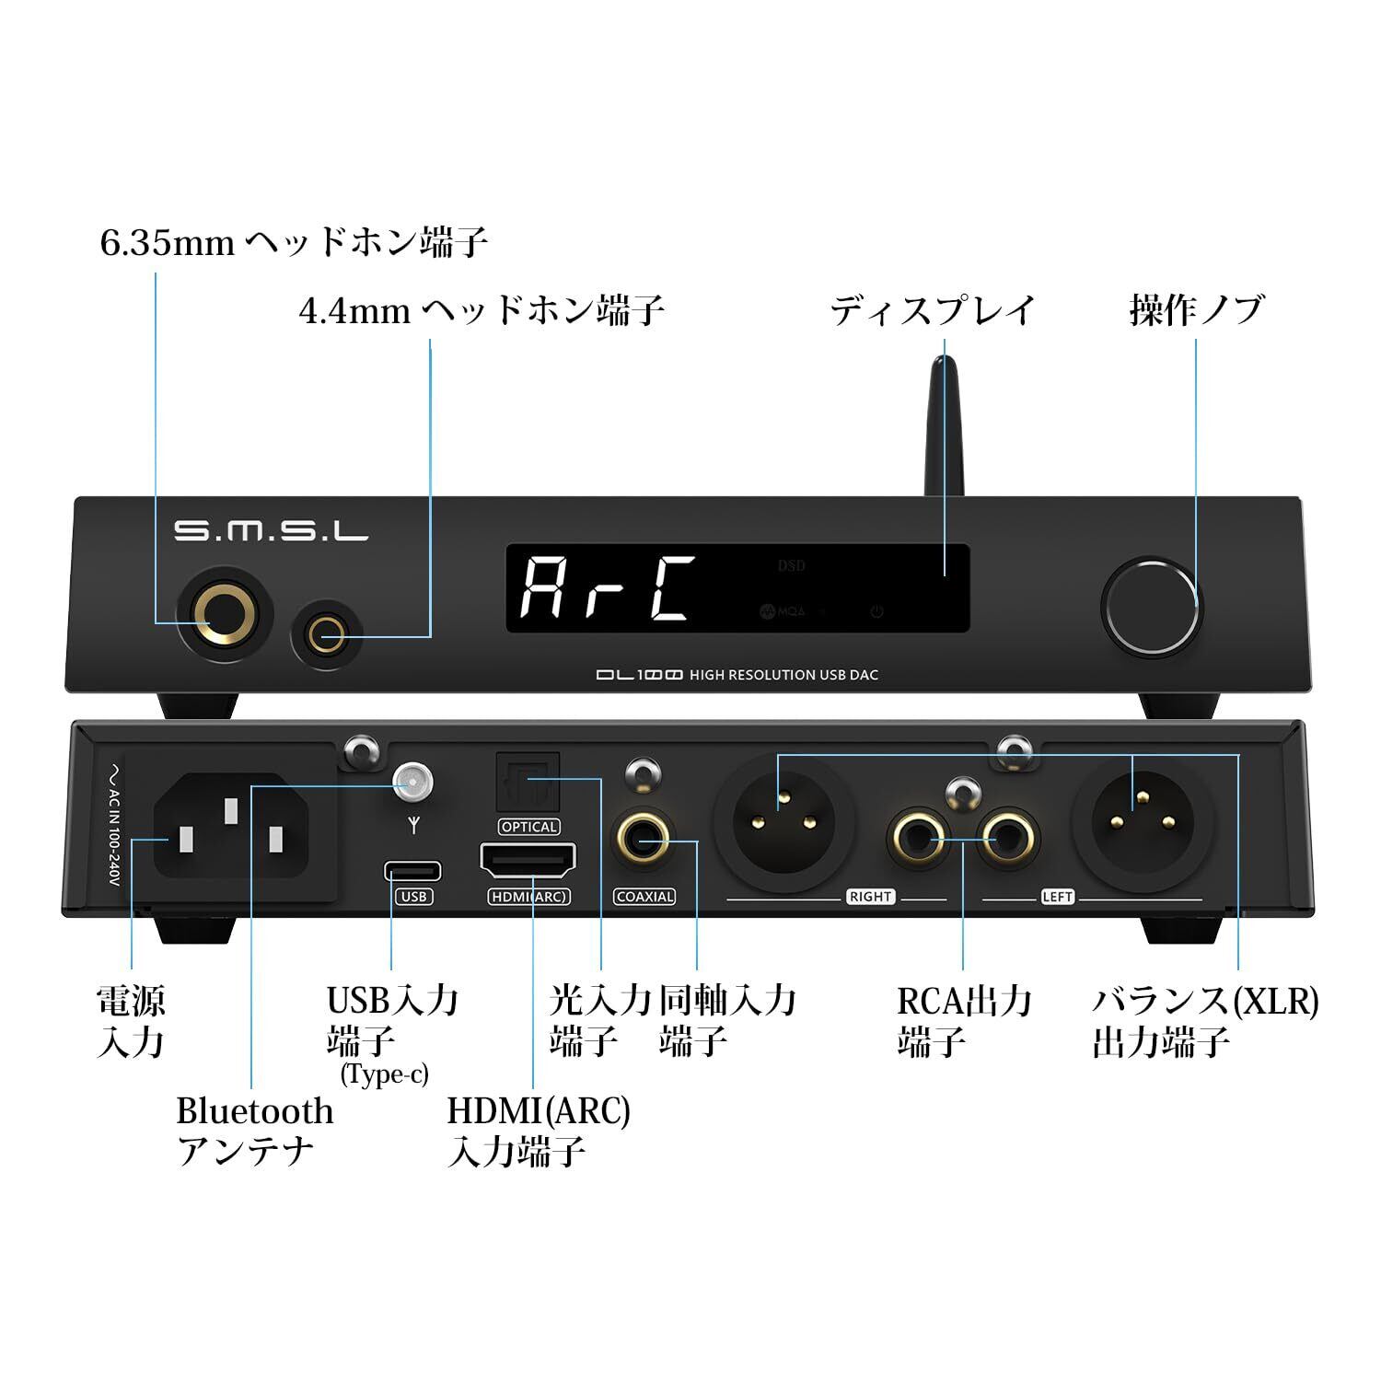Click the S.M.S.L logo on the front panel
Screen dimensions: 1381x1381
point(271,531)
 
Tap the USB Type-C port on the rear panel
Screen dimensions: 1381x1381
point(412,870)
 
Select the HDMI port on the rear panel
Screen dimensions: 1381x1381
point(528,863)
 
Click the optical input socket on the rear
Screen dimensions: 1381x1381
point(528,788)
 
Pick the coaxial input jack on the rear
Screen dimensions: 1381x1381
point(644,839)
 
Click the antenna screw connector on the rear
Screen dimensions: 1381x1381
point(412,783)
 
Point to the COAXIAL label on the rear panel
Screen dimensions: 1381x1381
point(644,897)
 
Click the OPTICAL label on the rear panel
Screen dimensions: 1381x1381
point(528,827)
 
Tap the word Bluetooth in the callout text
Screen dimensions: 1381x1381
point(254,1111)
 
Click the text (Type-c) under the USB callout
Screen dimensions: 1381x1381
point(384,1074)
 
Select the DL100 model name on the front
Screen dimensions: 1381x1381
point(638,675)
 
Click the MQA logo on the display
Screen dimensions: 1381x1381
point(783,610)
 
